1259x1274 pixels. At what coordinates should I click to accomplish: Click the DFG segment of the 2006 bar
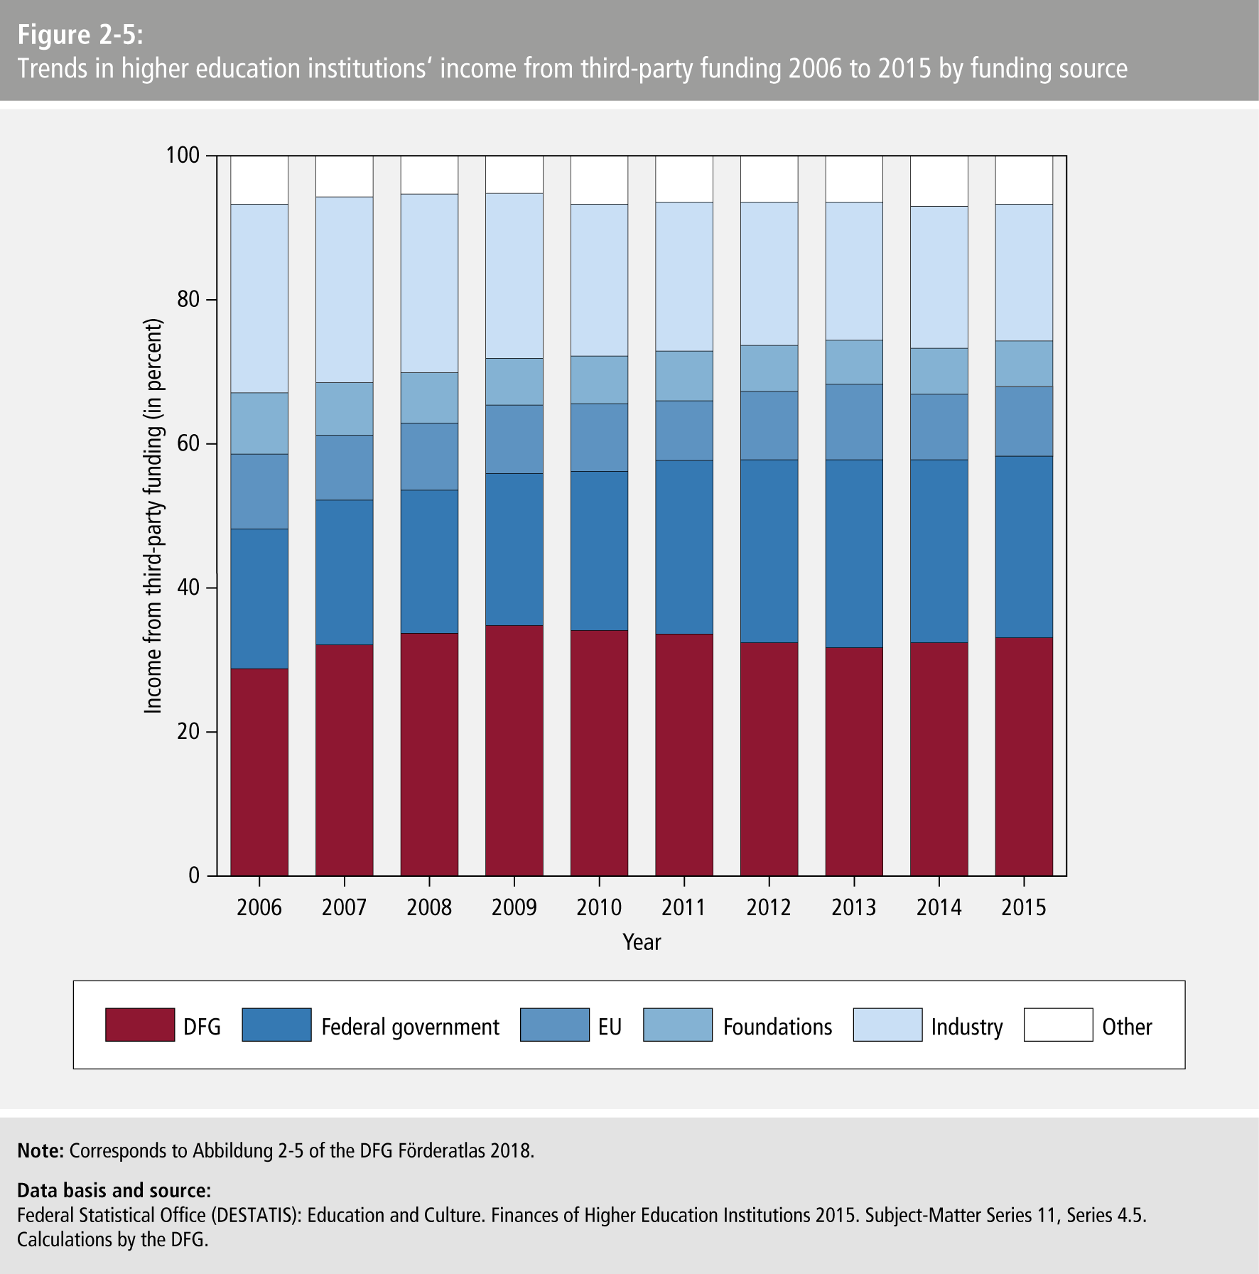pos(259,772)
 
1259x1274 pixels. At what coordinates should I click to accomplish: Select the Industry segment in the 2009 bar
pos(514,276)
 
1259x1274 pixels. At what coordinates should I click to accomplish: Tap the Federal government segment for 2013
pos(854,554)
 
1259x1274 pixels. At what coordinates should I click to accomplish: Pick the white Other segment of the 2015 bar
pos(1024,180)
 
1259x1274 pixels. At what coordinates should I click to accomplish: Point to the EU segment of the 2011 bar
pos(684,431)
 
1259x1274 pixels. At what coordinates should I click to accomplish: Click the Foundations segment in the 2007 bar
pos(345,409)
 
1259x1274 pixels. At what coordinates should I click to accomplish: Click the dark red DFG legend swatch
pos(140,1025)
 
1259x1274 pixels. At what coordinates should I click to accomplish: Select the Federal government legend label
pos(410,1027)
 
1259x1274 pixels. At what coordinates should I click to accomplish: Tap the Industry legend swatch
pos(887,1025)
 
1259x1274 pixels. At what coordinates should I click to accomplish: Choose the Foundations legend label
pos(777,1027)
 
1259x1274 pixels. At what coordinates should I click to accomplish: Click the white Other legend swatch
pos(1058,1025)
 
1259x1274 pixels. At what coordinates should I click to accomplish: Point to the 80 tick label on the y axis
pos(188,299)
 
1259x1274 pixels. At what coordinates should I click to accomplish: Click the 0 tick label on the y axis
pos(194,875)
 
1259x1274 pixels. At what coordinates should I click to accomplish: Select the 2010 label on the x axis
pos(599,907)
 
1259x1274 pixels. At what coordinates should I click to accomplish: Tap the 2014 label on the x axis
pos(939,907)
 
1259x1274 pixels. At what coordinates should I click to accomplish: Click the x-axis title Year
pos(642,942)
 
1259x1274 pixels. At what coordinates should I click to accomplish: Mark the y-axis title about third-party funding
pos(153,516)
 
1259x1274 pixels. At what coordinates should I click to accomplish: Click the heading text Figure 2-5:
pos(80,34)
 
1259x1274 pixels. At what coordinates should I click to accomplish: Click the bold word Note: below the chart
pos(41,1150)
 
